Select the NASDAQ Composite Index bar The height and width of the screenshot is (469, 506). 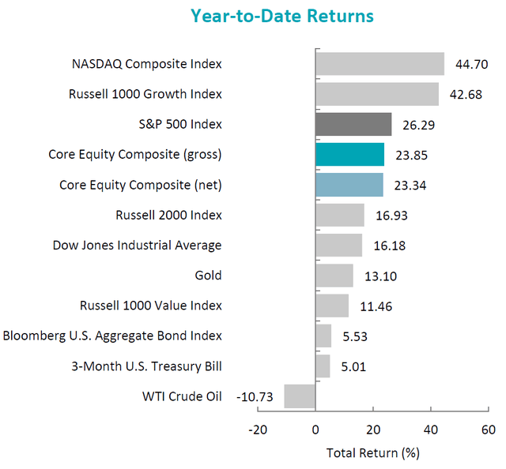pos(379,63)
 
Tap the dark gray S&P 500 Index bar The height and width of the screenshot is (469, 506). pos(353,124)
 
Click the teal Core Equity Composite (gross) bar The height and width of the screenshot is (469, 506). pos(349,155)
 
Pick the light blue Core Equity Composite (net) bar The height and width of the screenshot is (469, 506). pos(349,185)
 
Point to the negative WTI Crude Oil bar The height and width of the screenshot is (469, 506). pos(300,396)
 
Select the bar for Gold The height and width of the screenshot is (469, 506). pos(334,276)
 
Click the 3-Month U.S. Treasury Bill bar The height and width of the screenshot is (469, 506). pos(323,366)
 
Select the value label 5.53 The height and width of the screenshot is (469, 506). pos(353,336)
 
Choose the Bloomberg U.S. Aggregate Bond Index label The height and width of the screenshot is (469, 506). pos(112,336)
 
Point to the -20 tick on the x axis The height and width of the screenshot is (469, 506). pos(256,430)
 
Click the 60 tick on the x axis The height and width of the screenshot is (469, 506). pos(488,430)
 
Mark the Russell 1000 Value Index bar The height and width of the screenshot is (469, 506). pos(332,306)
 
